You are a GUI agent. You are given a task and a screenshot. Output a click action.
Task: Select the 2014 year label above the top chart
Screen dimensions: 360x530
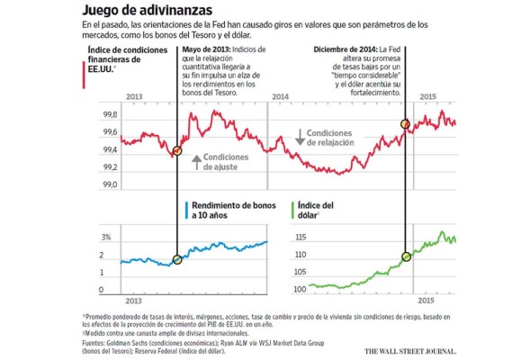[280, 95]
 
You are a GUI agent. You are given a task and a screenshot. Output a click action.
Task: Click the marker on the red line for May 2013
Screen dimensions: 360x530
[176, 150]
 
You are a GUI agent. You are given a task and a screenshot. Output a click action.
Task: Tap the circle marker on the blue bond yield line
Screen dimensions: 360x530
[176, 259]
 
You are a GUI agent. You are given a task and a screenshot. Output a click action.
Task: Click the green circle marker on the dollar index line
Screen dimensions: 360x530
[405, 256]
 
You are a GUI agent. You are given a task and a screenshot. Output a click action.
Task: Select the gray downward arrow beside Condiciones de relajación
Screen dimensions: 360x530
[300, 137]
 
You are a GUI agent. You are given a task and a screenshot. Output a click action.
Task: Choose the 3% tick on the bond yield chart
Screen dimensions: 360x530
[105, 238]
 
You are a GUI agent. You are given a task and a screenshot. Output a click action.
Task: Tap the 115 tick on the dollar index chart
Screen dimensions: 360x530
[301, 238]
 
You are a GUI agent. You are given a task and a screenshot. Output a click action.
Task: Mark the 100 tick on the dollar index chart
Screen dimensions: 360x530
[301, 289]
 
